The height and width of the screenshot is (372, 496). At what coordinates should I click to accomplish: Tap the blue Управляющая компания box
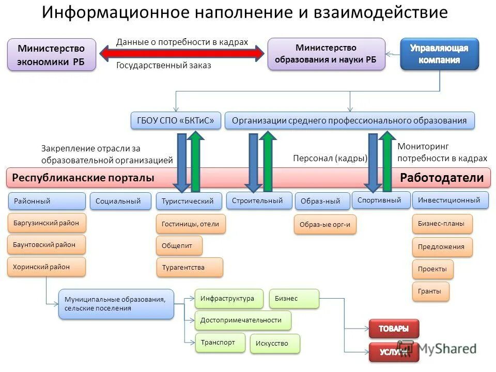click(x=439, y=54)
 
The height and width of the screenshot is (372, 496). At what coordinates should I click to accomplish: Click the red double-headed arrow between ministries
click(x=182, y=54)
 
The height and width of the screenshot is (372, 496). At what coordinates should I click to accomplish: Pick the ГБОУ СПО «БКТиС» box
click(x=176, y=121)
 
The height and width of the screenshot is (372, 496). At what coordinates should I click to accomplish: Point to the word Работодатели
click(x=442, y=178)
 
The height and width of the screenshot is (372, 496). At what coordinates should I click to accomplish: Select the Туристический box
click(x=189, y=201)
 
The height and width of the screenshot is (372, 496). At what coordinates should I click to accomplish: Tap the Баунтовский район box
click(x=47, y=244)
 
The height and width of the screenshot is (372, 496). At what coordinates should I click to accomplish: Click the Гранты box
click(x=430, y=291)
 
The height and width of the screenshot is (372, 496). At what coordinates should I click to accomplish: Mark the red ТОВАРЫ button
click(x=394, y=329)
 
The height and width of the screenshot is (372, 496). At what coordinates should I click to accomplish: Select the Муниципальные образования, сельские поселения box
click(x=116, y=304)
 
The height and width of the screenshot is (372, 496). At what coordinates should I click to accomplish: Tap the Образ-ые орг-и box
click(x=326, y=225)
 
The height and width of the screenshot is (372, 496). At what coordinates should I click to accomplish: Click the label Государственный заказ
click(x=163, y=66)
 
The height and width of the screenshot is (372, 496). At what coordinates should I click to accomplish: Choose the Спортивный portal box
click(x=381, y=200)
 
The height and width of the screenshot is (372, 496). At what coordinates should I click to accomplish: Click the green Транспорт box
click(x=220, y=342)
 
